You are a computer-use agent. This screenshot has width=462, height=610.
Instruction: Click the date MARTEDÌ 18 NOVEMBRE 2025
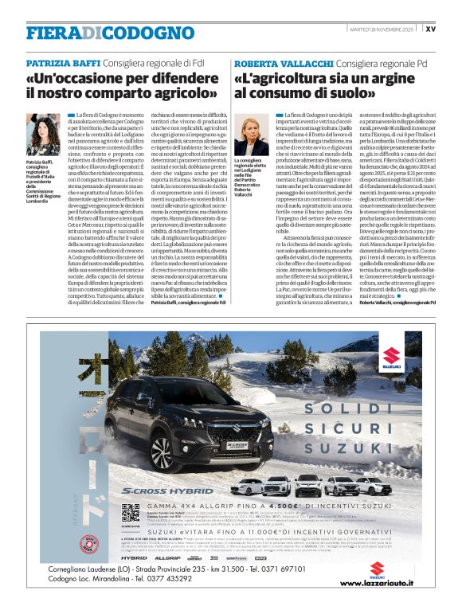pyautogui.click(x=384, y=29)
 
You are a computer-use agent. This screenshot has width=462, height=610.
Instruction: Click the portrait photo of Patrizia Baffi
pyautogui.click(x=41, y=135)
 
